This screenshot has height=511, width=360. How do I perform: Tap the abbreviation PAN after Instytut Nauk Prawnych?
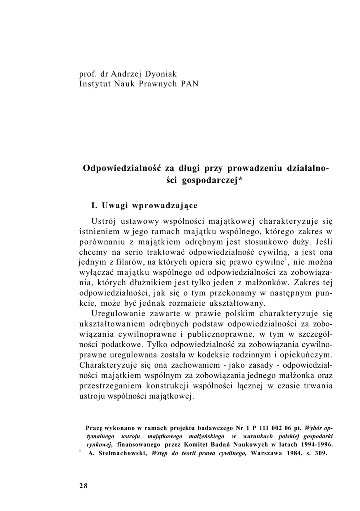click(x=189, y=83)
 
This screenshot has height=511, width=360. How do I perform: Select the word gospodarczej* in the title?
click(x=214, y=180)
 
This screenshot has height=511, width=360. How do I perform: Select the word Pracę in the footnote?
click(x=94, y=429)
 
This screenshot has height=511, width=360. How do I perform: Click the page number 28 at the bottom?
click(x=83, y=486)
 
